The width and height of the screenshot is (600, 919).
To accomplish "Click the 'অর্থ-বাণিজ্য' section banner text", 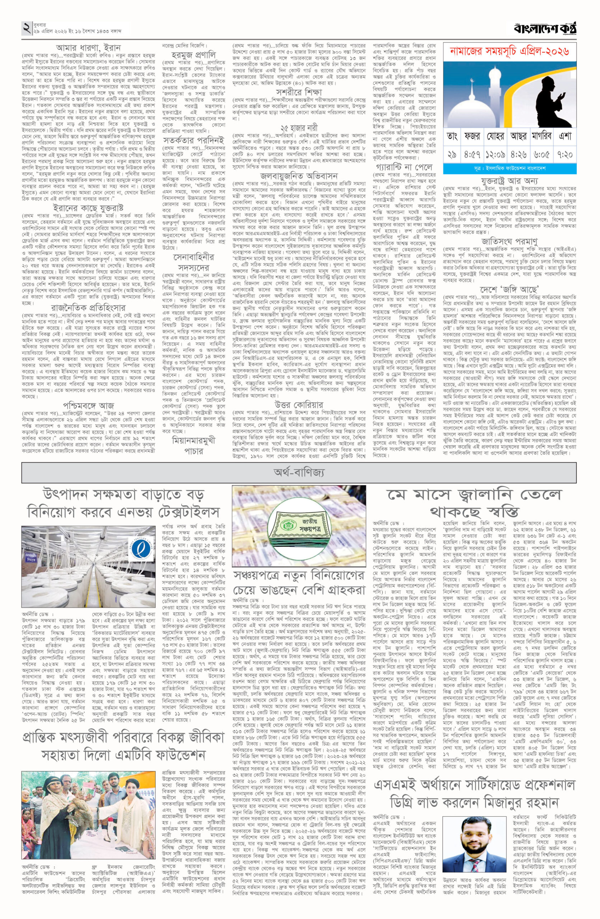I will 299,471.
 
